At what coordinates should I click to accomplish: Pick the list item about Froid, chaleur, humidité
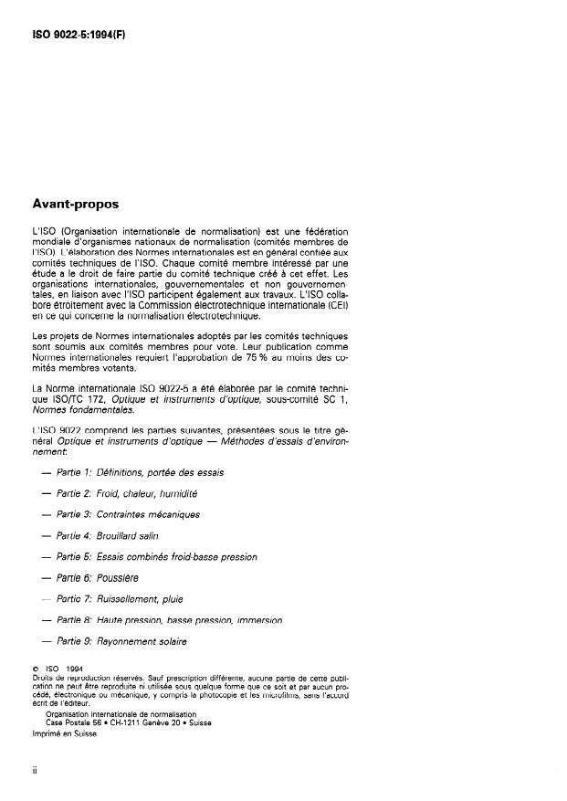(127, 493)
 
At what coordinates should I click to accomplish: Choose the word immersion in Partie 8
(257, 620)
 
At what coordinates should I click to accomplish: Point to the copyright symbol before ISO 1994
(35, 669)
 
